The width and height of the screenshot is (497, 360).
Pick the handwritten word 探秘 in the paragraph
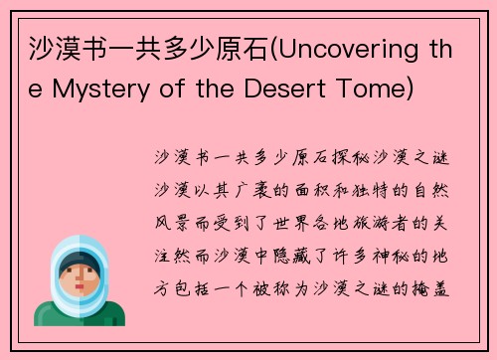pyautogui.click(x=341, y=158)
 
